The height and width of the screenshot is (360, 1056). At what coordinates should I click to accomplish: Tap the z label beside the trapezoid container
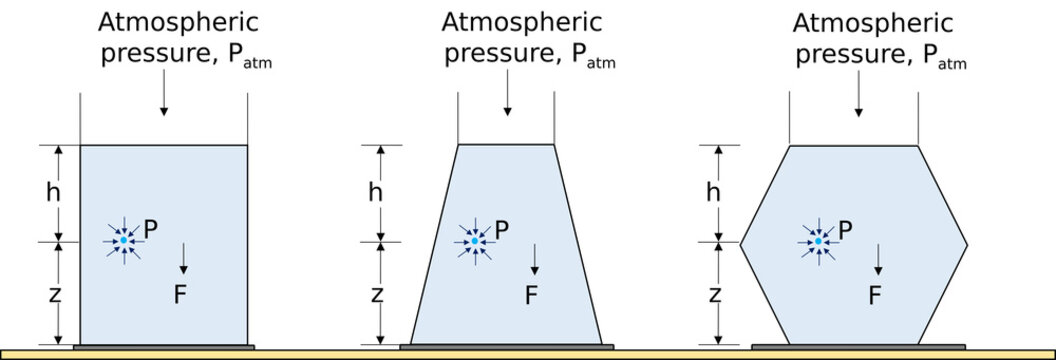(377, 294)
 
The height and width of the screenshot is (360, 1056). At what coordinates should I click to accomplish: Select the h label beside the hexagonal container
(712, 191)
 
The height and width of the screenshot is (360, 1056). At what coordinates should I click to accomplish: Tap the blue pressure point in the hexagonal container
(818, 241)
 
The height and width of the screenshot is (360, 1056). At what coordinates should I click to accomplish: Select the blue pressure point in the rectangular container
(124, 241)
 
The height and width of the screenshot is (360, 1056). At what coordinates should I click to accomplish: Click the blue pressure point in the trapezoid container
(474, 241)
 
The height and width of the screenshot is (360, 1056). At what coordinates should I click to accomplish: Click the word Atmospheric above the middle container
(522, 22)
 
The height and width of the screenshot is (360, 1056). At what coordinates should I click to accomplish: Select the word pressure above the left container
(147, 54)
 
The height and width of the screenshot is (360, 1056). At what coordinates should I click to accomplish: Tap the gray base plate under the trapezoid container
(506, 347)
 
